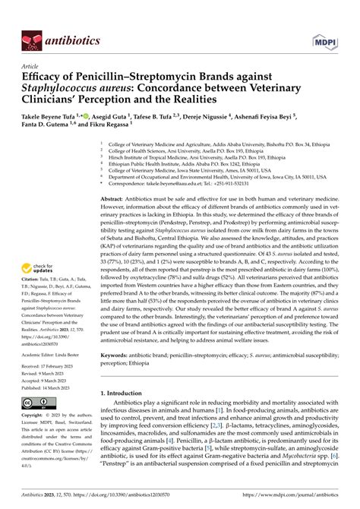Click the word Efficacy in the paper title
[46, 77]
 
